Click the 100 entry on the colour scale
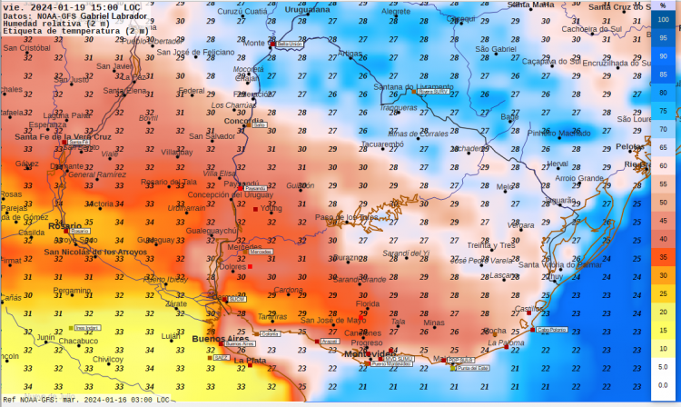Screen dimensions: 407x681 click(663, 19)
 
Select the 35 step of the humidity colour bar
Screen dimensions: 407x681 click(663, 257)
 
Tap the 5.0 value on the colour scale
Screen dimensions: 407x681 click(663, 367)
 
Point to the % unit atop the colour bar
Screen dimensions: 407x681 click(663, 5)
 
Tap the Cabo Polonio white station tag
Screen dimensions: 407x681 click(551, 330)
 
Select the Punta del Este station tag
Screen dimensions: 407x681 click(473, 368)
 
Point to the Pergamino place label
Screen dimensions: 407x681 click(72, 290)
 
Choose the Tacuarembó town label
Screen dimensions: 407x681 click(381, 144)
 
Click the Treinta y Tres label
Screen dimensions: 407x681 click(491, 245)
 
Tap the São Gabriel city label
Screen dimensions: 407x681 click(495, 48)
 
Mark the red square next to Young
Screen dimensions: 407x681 click(256, 208)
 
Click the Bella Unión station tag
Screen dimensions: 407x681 click(289, 44)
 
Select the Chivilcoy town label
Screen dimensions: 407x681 click(107, 359)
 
